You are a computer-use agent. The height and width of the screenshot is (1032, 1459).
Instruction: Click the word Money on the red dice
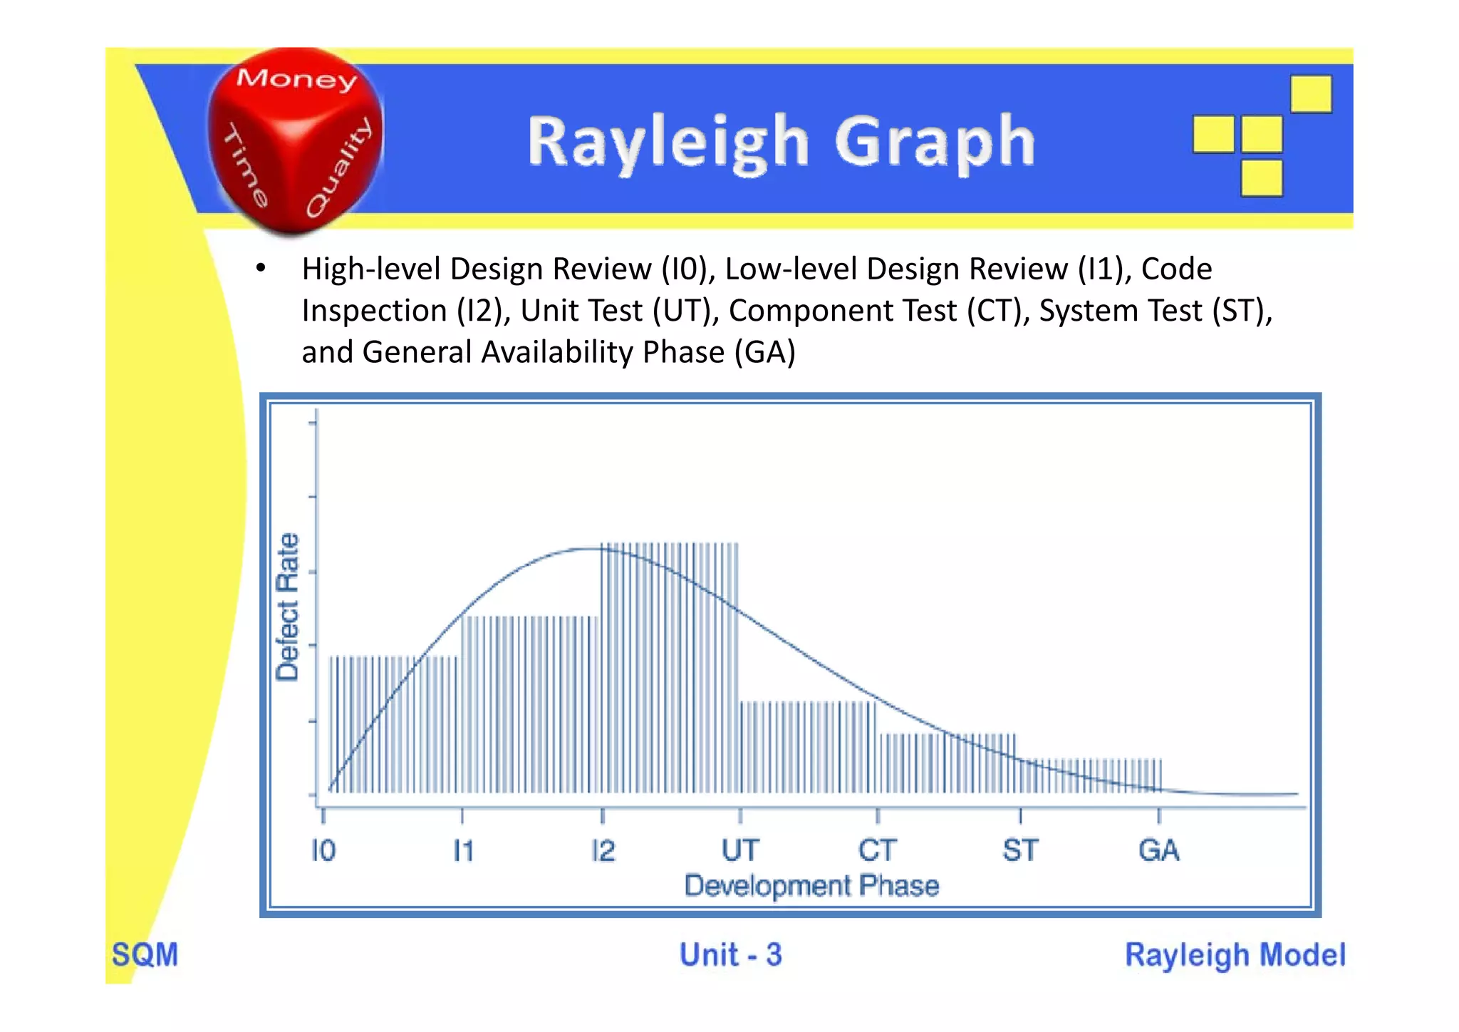tap(296, 79)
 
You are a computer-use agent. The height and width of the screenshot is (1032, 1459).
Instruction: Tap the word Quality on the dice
tap(340, 167)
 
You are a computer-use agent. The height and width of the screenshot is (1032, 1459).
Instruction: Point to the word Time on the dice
tap(246, 165)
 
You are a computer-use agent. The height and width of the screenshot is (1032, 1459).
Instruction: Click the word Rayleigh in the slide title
tap(668, 143)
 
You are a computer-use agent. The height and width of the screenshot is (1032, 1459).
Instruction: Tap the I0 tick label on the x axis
tap(323, 850)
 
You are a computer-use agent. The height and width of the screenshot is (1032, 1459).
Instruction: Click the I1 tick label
tap(463, 850)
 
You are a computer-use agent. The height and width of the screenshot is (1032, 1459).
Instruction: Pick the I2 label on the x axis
tap(603, 850)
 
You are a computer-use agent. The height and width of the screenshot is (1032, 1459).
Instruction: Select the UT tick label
tap(740, 850)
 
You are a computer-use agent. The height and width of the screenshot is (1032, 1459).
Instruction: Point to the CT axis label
tap(877, 850)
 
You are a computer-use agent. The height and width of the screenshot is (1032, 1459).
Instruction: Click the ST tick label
tap(1020, 850)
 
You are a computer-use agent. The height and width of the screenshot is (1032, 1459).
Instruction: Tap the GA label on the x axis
tap(1158, 850)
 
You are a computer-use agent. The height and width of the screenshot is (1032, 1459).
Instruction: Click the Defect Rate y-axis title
tap(287, 607)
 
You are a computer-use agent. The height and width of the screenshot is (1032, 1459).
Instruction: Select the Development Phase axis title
tap(811, 886)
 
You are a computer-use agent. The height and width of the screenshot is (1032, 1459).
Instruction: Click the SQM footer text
tap(145, 955)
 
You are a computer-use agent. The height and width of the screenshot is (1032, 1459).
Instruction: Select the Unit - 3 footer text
tap(730, 955)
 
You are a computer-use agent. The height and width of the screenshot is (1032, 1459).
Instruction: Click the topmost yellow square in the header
tap(1311, 94)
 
